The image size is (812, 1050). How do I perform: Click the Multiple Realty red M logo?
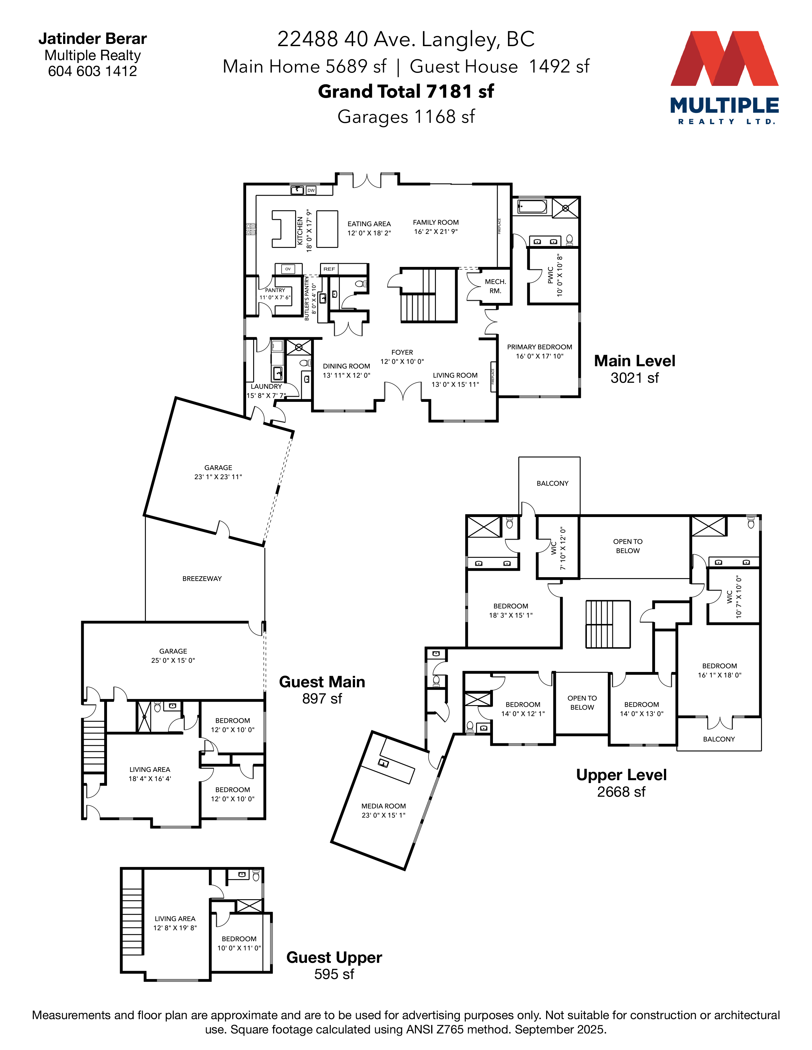(724, 59)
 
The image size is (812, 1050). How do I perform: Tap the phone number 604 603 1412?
(92, 71)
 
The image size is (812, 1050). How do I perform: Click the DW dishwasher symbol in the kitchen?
(311, 190)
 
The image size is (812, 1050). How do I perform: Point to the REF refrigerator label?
(329, 269)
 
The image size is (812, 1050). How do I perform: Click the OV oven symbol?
(288, 269)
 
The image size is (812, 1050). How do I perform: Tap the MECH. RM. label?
(495, 286)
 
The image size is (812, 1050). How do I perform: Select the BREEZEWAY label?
(202, 578)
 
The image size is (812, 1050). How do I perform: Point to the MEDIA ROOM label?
(383, 806)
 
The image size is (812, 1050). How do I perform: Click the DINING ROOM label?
(346, 366)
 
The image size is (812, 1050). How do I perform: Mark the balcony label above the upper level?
(552, 483)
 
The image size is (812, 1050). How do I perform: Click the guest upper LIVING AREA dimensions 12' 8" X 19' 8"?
(175, 928)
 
